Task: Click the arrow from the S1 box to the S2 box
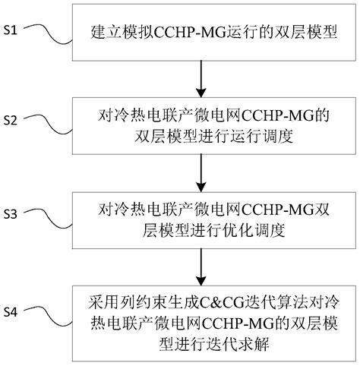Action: coord(202,75)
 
